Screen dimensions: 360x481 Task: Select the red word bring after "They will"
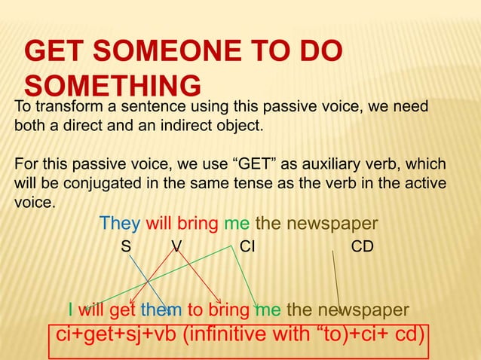(198, 224)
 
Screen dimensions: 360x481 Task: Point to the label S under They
(127, 247)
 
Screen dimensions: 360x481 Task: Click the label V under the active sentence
(176, 247)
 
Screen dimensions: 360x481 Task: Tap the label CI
(247, 247)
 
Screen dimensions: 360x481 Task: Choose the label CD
(363, 247)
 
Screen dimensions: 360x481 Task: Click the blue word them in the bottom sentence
(161, 310)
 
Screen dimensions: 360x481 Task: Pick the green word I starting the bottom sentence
(70, 310)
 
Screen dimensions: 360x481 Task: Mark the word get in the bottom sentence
(122, 310)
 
